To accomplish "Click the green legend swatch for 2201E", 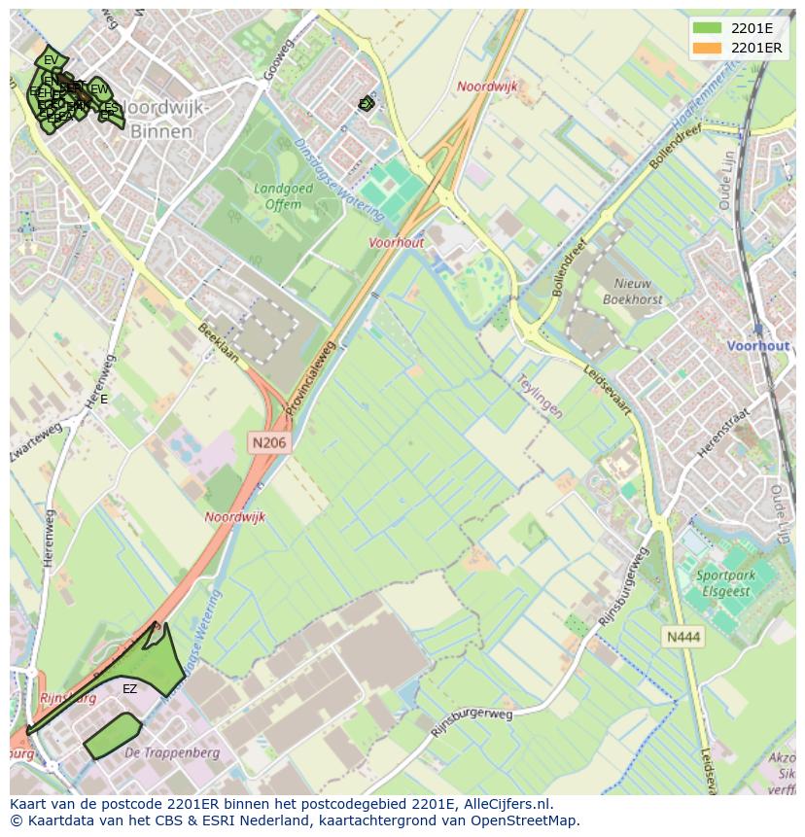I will tap(708, 27).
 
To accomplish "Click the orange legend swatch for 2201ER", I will tap(708, 48).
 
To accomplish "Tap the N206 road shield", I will tap(270, 442).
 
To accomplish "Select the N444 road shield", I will tap(682, 637).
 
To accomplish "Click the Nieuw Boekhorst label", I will tap(633, 292).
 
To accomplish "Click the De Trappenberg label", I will tap(172, 753).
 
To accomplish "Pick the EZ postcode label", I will tap(129, 689).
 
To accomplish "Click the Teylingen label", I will tap(540, 397).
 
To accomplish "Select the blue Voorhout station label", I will tap(758, 346).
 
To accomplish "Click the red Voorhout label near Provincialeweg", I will tap(396, 243).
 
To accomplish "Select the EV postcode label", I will tap(51, 60).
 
